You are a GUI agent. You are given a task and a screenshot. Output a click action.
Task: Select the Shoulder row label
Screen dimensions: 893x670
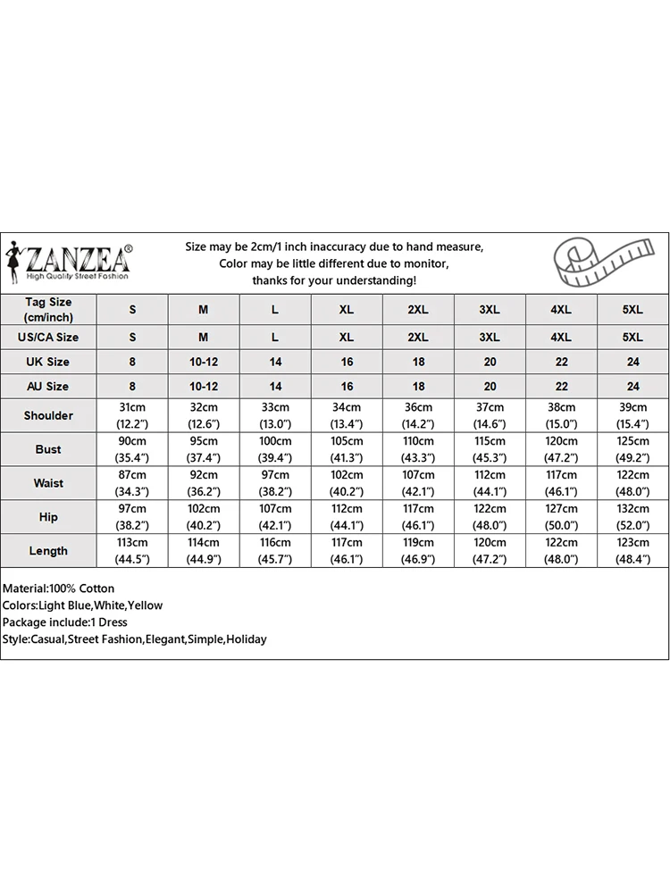[48, 415]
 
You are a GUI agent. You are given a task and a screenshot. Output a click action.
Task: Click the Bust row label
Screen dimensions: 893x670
[48, 449]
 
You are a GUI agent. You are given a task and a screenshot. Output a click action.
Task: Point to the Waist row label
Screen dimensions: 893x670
[48, 483]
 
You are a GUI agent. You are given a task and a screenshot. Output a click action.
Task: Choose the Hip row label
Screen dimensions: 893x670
[48, 517]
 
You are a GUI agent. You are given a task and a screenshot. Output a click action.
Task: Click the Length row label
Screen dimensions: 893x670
[48, 551]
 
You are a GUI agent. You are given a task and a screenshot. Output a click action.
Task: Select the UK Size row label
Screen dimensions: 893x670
[48, 362]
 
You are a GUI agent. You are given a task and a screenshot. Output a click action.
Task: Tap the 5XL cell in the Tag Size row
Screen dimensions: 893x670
[632, 310]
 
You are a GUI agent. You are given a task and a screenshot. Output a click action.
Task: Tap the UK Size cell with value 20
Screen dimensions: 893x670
[490, 362]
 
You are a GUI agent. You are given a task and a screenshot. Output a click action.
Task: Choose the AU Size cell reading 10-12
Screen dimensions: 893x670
[204, 387]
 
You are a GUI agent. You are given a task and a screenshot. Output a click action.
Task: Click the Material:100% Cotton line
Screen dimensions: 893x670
[59, 588]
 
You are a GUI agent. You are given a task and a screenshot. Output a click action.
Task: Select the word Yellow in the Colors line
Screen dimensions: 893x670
[145, 605]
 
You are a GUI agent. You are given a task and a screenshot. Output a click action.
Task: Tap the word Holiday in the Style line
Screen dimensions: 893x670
[246, 639]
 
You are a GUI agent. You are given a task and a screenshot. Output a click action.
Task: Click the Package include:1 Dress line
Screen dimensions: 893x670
[64, 622]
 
